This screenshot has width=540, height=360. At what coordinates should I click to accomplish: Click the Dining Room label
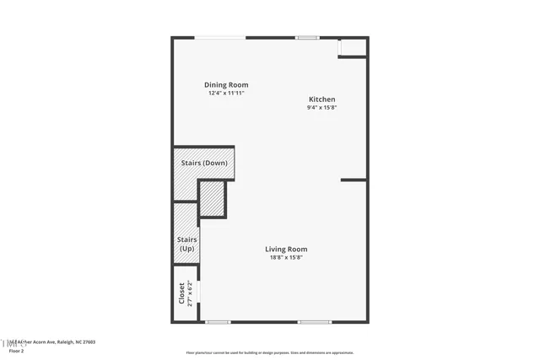click(x=226, y=84)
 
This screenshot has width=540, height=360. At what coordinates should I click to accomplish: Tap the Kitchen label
click(x=321, y=99)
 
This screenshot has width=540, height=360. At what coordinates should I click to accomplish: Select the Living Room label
click(x=286, y=249)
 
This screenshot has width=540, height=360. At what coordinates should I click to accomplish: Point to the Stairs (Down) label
click(x=204, y=163)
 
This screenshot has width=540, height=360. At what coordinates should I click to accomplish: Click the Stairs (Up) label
click(x=186, y=244)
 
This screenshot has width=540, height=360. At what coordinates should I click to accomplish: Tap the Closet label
click(x=181, y=293)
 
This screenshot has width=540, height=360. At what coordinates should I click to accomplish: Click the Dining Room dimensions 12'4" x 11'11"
click(x=226, y=93)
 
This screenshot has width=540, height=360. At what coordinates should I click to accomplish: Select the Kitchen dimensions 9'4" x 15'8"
click(x=321, y=108)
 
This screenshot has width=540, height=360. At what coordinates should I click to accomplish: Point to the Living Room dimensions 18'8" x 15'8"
click(x=286, y=257)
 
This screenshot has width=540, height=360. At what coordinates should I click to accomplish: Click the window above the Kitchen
click(x=307, y=37)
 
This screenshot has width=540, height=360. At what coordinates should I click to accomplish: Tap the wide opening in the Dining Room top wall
click(x=220, y=37)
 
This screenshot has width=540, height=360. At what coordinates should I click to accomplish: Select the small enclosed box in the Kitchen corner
click(x=353, y=47)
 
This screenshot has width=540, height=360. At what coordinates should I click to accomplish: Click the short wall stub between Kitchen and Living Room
click(x=354, y=180)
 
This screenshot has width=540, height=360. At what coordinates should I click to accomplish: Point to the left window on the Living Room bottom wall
click(x=218, y=321)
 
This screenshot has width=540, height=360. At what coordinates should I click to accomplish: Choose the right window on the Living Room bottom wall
click(x=314, y=321)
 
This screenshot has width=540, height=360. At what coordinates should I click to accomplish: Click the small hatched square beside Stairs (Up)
click(x=213, y=199)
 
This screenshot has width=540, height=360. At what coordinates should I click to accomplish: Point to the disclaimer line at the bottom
click(x=270, y=353)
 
